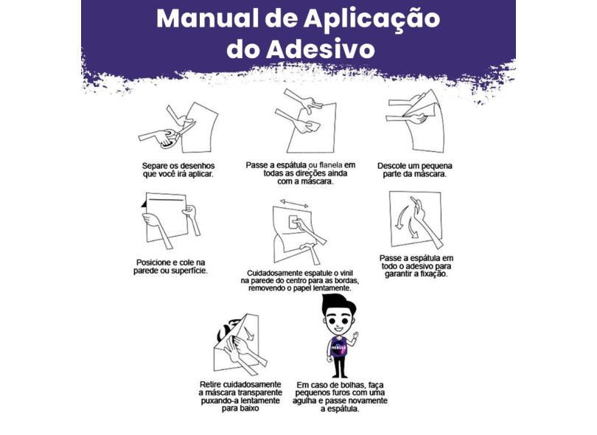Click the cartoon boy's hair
point(339,302)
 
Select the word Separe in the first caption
point(157,166)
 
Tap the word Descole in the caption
point(393,165)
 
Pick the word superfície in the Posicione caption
point(188,271)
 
